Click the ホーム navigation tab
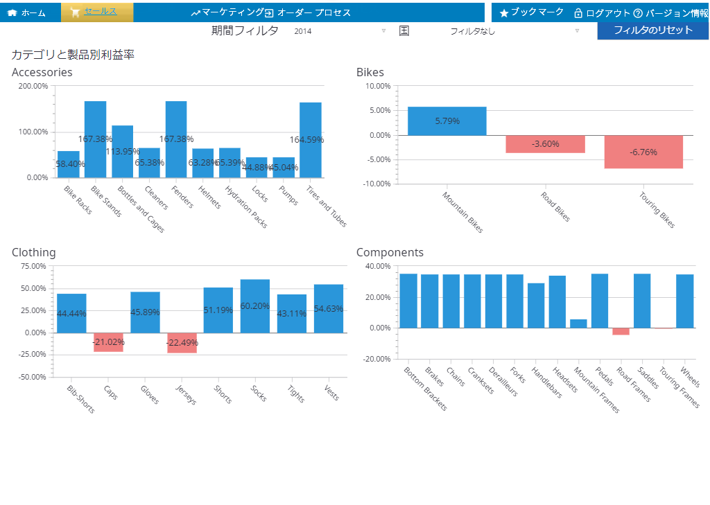click(x=26, y=12)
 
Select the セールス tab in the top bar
click(x=97, y=12)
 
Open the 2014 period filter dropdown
click(x=340, y=31)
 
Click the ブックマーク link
click(x=532, y=12)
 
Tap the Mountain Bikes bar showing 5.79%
click(x=447, y=121)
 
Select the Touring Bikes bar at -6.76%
click(x=643, y=152)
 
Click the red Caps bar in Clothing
click(x=108, y=342)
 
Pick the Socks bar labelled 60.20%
click(x=255, y=306)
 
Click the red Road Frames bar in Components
click(x=621, y=331)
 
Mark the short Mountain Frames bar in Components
click(x=578, y=324)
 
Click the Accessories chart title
click(x=42, y=72)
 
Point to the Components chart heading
click(x=390, y=252)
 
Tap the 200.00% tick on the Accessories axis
click(x=33, y=86)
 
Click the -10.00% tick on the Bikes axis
click(x=377, y=184)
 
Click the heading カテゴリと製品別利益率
click(x=73, y=54)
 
